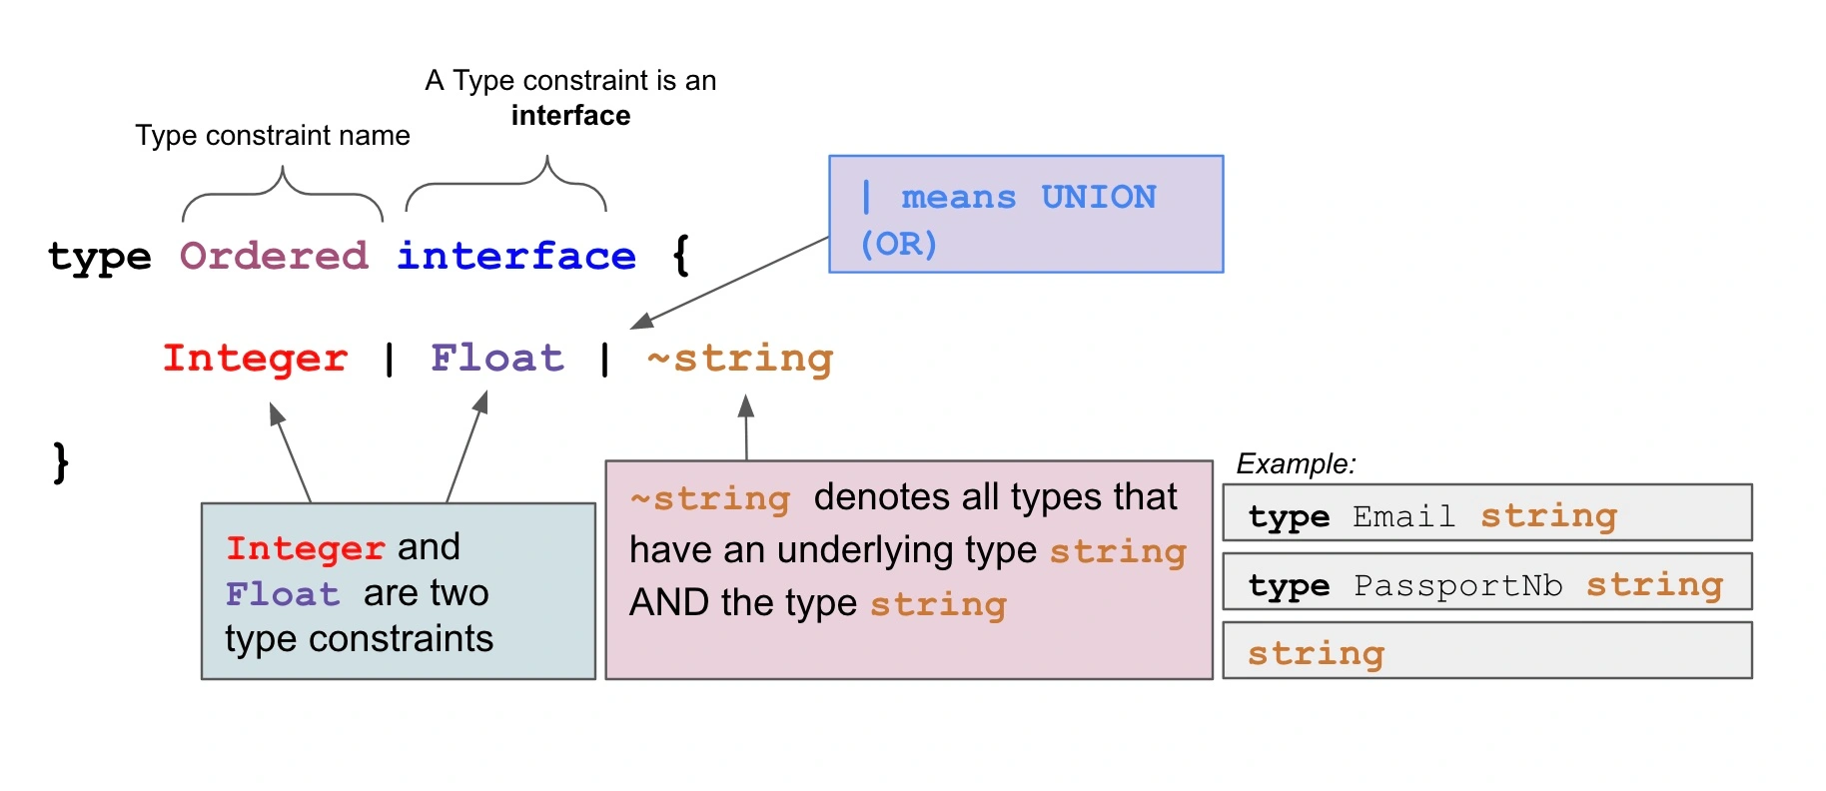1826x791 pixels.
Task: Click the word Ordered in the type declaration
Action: pos(274,256)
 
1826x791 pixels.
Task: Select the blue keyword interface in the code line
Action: pos(516,256)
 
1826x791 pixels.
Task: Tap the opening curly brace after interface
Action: pos(681,255)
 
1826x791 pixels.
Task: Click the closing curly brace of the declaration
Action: pos(61,462)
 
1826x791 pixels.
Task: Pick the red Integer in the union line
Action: pos(256,359)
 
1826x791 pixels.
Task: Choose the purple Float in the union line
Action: pos(497,358)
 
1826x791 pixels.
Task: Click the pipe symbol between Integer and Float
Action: pos(390,359)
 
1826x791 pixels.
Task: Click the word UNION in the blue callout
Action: pos(1099,197)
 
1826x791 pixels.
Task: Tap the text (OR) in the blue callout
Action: pos(899,244)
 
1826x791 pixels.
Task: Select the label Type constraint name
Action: pos(273,135)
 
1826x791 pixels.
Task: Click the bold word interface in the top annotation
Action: pos(570,116)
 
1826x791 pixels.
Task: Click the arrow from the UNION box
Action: pos(730,283)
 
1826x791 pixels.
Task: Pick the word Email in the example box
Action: pos(1403,516)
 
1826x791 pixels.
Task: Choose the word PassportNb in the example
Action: pos(1457,585)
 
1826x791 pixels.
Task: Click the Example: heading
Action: pos(1297,463)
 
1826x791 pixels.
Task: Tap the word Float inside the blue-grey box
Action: pos(283,594)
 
